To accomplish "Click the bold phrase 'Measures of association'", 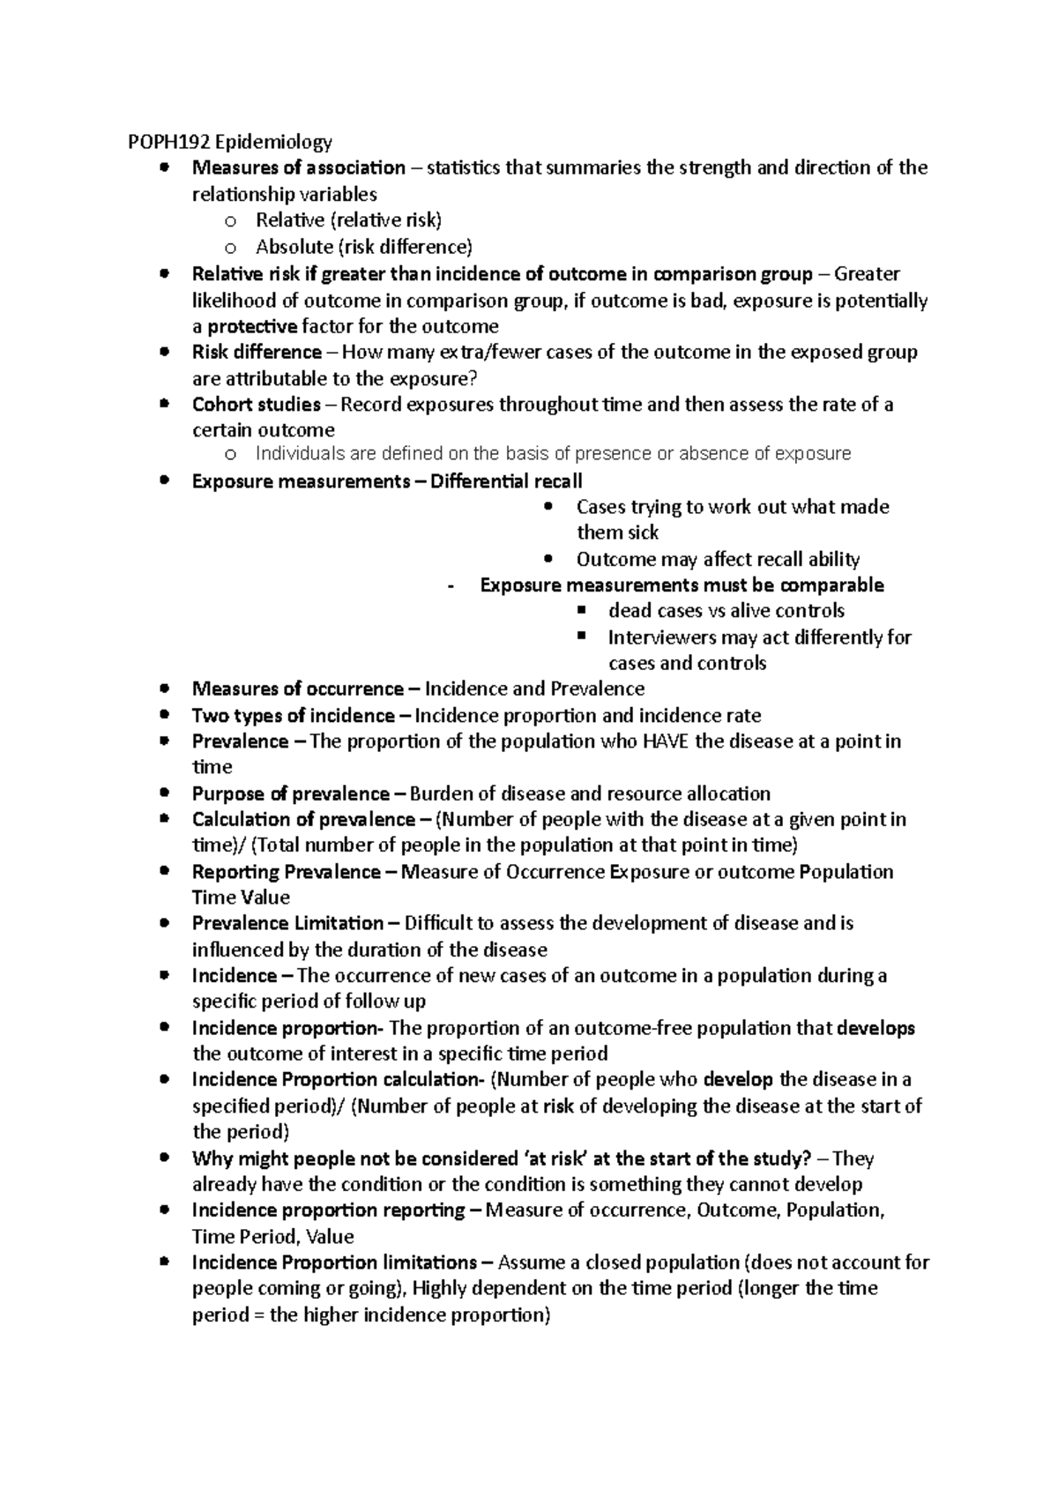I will click(x=298, y=168).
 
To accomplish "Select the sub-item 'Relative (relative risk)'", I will click(x=348, y=220).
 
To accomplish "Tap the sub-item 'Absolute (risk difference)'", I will click(x=363, y=246).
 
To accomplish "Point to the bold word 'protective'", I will click(x=252, y=326).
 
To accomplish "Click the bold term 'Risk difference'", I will click(x=257, y=353).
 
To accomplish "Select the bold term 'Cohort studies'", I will click(x=256, y=405).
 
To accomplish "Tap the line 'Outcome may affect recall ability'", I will click(x=718, y=559).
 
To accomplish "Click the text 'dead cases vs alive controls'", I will click(x=726, y=611).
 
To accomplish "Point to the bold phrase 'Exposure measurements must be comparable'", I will click(x=682, y=585).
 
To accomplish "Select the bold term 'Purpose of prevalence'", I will click(x=290, y=793).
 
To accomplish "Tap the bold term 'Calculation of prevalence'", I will click(x=302, y=820).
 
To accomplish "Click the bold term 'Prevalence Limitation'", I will click(x=287, y=924).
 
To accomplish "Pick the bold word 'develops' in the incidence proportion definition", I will click(x=875, y=1028).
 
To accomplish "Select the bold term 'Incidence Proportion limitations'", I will click(x=334, y=1262).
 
